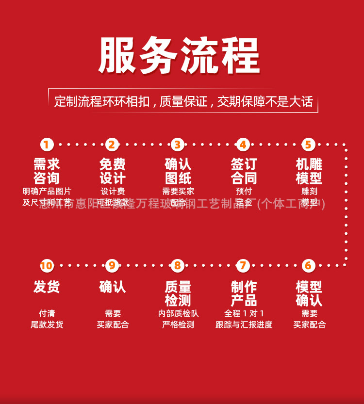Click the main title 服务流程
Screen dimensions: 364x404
coord(180,55)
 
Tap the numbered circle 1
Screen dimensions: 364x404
coord(47,145)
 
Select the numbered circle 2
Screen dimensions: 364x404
coord(112,145)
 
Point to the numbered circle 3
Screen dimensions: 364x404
coord(178,145)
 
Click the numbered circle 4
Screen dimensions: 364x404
coord(243,145)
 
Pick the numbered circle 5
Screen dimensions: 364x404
coord(309,145)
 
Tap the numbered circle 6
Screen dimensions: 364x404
coord(309,266)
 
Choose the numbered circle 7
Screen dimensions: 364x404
coord(243,266)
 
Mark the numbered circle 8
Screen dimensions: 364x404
coord(178,266)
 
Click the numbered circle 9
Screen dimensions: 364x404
coord(112,266)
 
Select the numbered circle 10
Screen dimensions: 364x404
coord(47,266)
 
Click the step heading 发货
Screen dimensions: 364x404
coord(47,287)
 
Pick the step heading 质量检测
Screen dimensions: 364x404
coord(178,293)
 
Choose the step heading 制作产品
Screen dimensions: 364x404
coord(244,293)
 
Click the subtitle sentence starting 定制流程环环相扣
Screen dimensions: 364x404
coord(183,102)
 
